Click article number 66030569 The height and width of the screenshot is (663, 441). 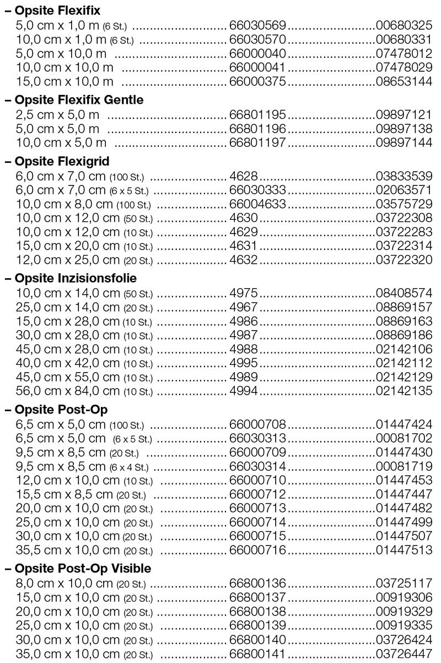(x=257, y=25)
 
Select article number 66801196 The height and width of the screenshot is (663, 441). (x=257, y=129)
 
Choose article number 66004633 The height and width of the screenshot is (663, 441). (x=257, y=204)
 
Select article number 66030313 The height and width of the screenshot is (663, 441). (x=257, y=438)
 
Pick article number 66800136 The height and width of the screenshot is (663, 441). (x=257, y=583)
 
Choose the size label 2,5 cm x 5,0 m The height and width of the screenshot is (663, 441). (x=57, y=115)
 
